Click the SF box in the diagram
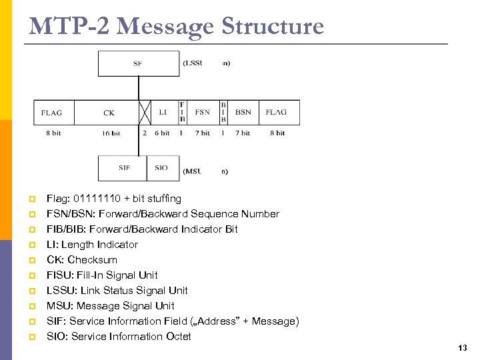[x=138, y=63]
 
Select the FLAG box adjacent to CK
[x=52, y=112]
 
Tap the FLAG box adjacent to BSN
[x=276, y=112]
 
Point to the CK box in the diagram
[x=109, y=112]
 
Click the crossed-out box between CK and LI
[x=146, y=112]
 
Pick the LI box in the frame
[x=163, y=112]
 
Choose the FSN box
[x=203, y=112]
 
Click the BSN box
[x=243, y=112]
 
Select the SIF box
[x=123, y=168]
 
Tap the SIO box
[x=162, y=168]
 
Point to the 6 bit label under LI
[x=163, y=133]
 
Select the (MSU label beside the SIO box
[x=192, y=171]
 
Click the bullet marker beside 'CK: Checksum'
[x=31, y=260]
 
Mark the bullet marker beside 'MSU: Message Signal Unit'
[x=31, y=306]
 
